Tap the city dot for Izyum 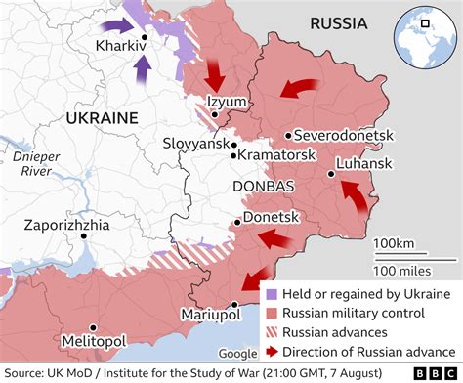(213, 115)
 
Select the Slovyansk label (195, 143)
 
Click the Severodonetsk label (337, 136)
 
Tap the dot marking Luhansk (332, 174)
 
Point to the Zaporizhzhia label (82, 225)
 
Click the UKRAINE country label (101, 117)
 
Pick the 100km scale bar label (394, 241)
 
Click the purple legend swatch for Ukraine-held (269, 294)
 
